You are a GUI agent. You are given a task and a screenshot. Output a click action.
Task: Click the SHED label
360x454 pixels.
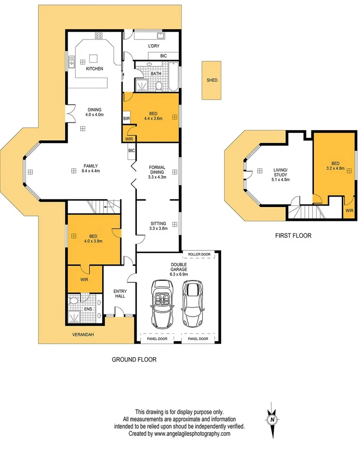(x=212, y=80)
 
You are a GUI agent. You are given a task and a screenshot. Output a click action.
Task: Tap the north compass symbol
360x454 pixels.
(x=272, y=420)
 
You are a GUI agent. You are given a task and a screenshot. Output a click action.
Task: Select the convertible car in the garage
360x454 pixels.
(x=162, y=303)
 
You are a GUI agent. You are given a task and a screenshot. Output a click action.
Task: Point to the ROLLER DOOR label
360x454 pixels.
(x=199, y=255)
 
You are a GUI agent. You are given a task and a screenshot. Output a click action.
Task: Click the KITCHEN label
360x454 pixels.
(x=94, y=69)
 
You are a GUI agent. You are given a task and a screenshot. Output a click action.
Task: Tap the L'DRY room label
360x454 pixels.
(x=153, y=46)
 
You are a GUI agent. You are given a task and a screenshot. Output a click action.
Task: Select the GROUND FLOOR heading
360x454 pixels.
(x=134, y=360)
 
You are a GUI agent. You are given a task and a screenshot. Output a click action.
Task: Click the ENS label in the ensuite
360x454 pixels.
(x=88, y=309)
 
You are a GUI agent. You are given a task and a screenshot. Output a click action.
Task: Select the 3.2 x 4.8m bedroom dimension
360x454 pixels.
(x=335, y=168)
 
